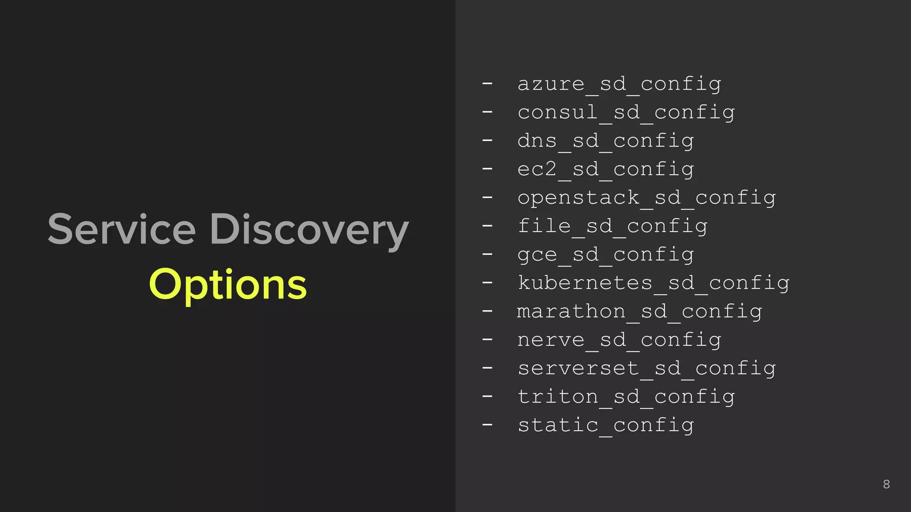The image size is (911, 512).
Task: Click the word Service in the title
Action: tap(121, 229)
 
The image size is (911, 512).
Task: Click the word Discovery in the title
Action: tap(309, 230)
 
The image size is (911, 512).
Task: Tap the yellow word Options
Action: tap(228, 285)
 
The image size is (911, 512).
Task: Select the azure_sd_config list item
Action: tap(619, 84)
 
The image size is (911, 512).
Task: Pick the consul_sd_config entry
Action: tap(626, 112)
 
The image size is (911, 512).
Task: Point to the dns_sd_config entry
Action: tap(605, 141)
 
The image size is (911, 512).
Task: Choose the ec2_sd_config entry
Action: tap(605, 169)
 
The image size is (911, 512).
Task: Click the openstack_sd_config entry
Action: tap(646, 198)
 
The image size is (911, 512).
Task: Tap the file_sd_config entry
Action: tap(613, 226)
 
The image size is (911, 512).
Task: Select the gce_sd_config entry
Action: tap(605, 255)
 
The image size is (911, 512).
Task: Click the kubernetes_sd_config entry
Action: tap(653, 283)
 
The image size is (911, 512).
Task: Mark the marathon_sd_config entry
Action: tap(640, 312)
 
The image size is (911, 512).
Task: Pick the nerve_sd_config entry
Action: tap(619, 340)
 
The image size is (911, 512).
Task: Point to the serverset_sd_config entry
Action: tap(646, 368)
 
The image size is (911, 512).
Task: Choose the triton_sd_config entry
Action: tap(626, 397)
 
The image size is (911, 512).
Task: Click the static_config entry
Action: tap(605, 425)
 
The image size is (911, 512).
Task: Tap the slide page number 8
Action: tap(886, 484)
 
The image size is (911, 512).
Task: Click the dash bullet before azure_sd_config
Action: tap(488, 83)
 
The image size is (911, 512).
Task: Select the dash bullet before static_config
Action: tap(488, 424)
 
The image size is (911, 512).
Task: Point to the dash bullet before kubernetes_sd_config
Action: tap(488, 282)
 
